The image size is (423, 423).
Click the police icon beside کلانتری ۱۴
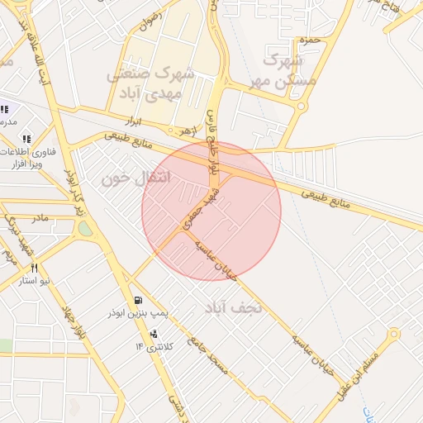[154, 335]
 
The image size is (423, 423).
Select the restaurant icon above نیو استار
[35, 268]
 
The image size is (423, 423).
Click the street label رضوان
[148, 20]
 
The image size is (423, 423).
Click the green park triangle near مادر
[84, 228]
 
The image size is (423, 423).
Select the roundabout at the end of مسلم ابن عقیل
[394, 334]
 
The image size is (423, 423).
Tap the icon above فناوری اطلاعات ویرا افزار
[26, 139]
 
